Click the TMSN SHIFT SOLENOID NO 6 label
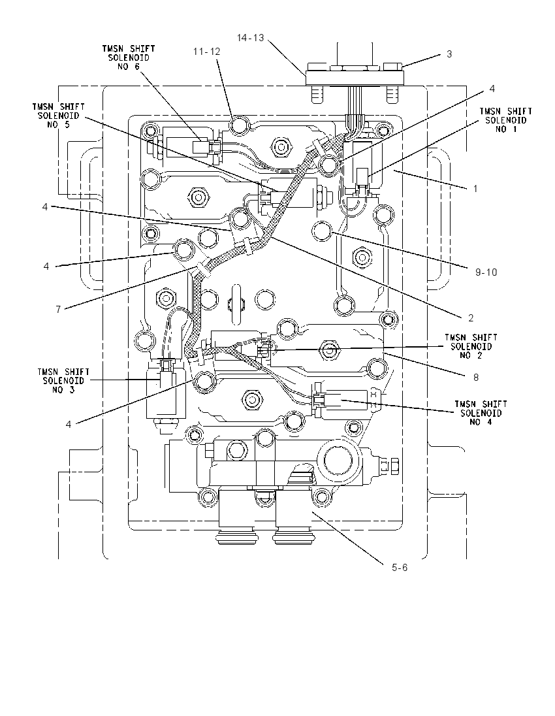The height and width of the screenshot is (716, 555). click(128, 57)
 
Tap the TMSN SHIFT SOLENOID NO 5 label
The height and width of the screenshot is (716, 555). click(58, 116)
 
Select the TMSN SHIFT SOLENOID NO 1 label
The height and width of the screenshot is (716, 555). click(506, 120)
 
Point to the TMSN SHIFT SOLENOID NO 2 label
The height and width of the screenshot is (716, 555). click(471, 346)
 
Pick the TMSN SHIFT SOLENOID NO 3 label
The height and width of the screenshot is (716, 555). click(63, 381)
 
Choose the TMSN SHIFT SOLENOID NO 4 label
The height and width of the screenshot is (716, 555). click(481, 413)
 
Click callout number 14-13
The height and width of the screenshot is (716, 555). click(251, 38)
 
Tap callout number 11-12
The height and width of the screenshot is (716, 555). click(207, 52)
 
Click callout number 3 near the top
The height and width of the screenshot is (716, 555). click(449, 54)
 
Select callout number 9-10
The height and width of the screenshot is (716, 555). click(486, 272)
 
